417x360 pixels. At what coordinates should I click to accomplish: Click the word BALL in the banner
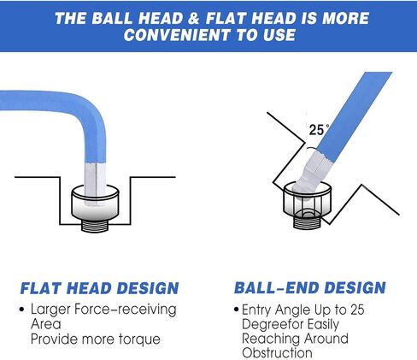pos(113,18)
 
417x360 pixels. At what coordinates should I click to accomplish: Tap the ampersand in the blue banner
pos(193,18)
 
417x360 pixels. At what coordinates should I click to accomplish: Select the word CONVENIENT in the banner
pos(177,35)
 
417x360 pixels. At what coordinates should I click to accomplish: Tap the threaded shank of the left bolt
pos(96,226)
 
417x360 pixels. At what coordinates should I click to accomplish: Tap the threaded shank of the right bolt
pos(308,221)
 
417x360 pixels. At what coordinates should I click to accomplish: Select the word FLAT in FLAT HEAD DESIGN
pos(43,288)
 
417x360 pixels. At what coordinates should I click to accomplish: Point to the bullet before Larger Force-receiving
pos(21,310)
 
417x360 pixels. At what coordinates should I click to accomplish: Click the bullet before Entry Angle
pos(236,310)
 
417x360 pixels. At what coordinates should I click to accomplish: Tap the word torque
pos(139,339)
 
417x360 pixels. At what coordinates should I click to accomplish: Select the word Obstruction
pos(277,352)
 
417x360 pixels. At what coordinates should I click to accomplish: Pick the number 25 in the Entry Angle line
pos(357,310)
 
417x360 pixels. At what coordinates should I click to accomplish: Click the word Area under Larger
pos(45,324)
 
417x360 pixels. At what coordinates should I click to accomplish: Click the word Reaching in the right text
pos(271,339)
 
